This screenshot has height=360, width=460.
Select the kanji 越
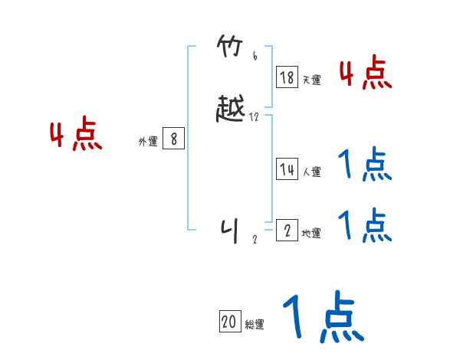click(x=231, y=111)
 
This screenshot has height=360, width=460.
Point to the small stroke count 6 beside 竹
click(x=255, y=56)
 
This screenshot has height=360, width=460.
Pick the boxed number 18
click(x=287, y=77)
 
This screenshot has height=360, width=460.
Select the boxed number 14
click(x=287, y=169)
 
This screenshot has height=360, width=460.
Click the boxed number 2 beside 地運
click(x=287, y=231)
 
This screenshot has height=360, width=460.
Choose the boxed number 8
click(x=174, y=139)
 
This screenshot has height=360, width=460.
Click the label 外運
click(x=148, y=142)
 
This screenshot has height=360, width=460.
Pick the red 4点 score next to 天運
click(x=365, y=73)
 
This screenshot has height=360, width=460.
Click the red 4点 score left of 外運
click(x=76, y=136)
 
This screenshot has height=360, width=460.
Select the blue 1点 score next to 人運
click(x=365, y=165)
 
